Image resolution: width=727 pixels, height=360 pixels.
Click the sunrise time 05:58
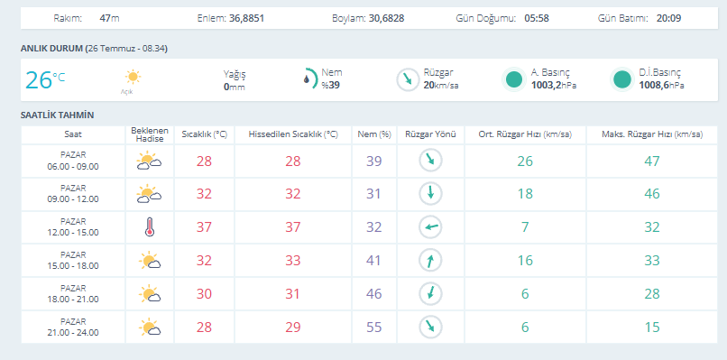[x=537, y=19]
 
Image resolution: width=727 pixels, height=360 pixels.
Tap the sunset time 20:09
[x=668, y=19]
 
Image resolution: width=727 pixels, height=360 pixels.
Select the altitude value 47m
[x=109, y=19]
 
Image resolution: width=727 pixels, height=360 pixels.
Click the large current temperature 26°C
[x=45, y=79]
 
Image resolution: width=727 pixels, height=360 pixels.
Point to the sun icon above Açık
[x=133, y=77]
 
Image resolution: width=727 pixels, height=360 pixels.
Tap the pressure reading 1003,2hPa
[x=554, y=86]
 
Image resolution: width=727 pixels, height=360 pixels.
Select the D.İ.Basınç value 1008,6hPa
[x=661, y=86]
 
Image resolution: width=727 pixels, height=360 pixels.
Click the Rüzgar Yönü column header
[x=431, y=134]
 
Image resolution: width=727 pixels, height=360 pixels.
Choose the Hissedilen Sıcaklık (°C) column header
[x=293, y=134]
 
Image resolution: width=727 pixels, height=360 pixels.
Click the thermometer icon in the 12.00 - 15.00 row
[x=149, y=227]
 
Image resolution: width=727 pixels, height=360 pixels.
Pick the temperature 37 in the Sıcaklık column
[x=204, y=227]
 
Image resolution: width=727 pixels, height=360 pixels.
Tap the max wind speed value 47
[x=652, y=161]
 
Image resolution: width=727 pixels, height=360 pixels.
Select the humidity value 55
[x=373, y=328]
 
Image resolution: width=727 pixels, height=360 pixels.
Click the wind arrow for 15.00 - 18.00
[x=431, y=261]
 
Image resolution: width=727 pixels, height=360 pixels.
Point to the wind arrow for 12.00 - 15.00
[x=431, y=227]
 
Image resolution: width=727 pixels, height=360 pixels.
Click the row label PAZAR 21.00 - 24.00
[x=73, y=328]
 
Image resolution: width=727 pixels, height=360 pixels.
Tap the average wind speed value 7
[x=525, y=227]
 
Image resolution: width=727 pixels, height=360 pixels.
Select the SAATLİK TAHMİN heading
[x=58, y=115]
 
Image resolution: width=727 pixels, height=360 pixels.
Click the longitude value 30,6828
[x=387, y=19]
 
